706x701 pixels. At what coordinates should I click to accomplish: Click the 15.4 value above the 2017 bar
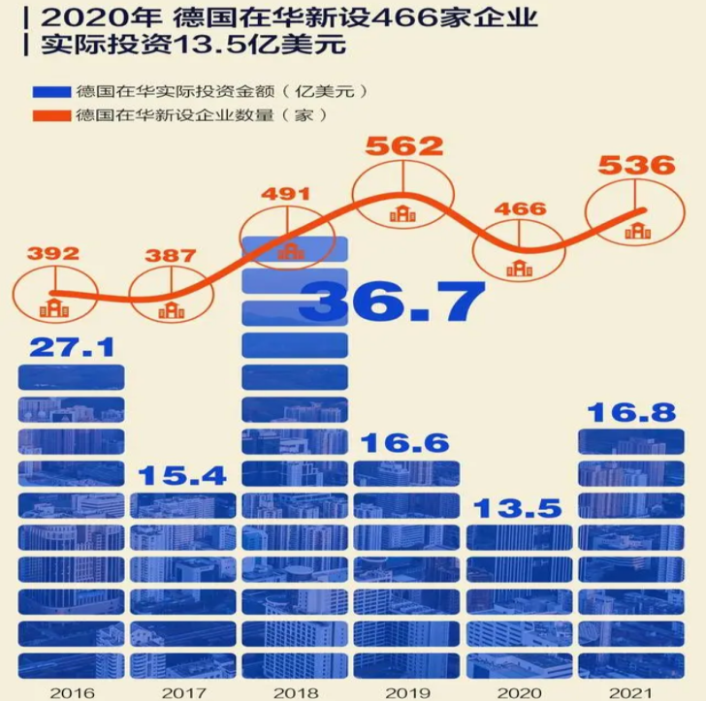(x=182, y=475)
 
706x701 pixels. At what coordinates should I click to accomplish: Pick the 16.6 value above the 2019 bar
(x=404, y=444)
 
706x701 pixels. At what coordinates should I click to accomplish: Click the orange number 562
(x=403, y=146)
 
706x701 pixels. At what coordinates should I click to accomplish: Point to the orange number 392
(x=53, y=254)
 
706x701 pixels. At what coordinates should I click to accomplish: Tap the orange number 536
(x=635, y=165)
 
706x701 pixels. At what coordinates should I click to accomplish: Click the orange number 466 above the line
(x=520, y=209)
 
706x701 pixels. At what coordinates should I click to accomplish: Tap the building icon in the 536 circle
(x=637, y=231)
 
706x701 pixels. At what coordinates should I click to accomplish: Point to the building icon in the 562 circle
(x=402, y=214)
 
